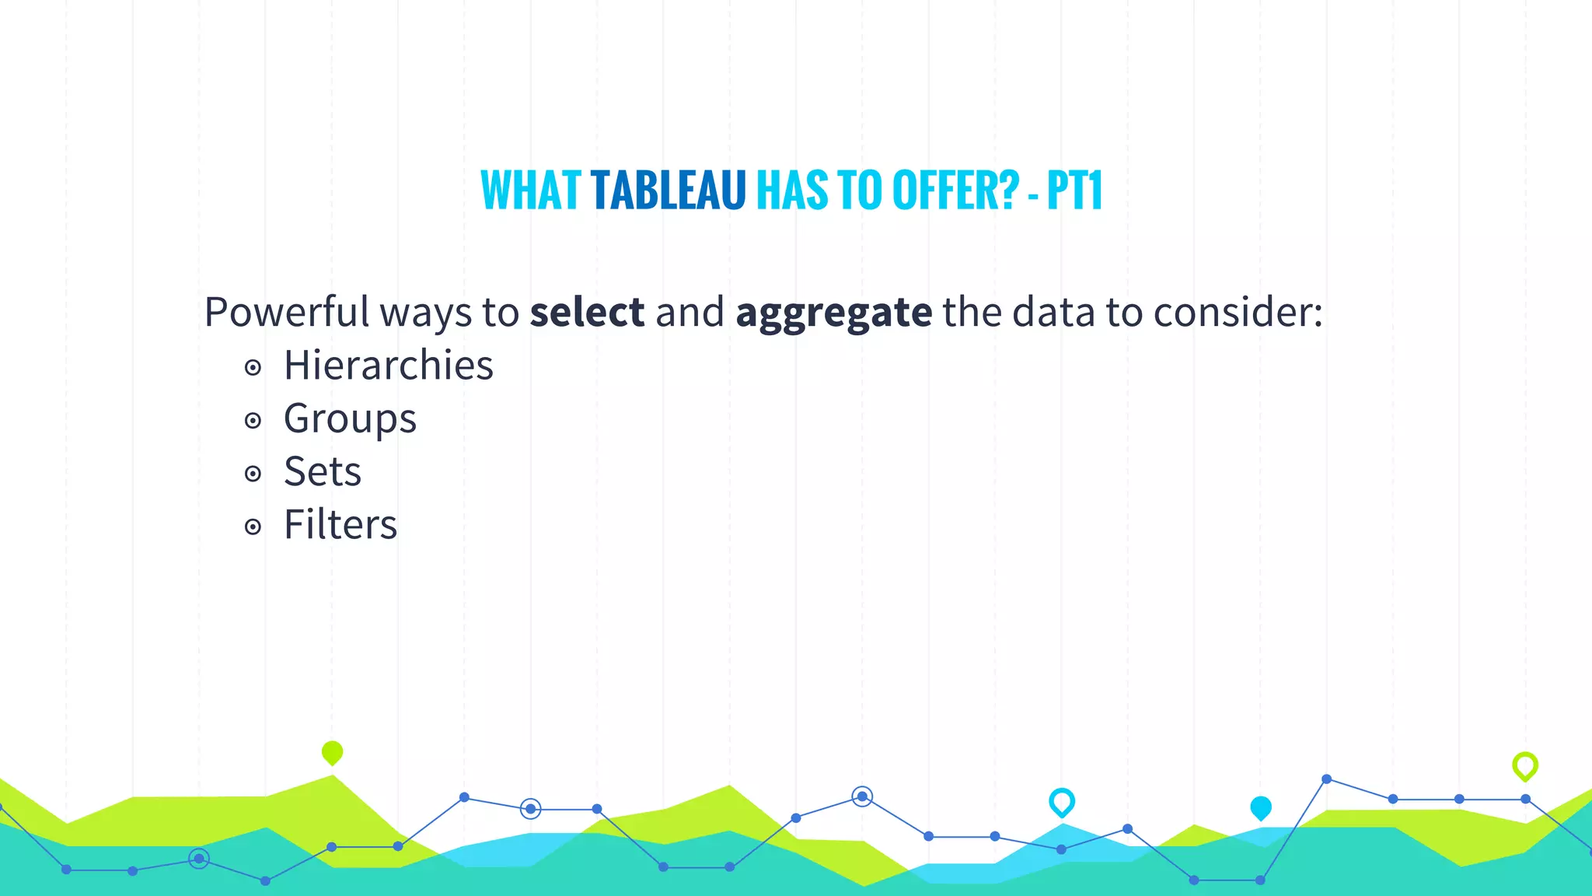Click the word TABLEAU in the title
668,191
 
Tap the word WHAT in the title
530,191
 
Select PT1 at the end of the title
1074,191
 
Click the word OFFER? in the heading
955,191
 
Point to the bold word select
587,312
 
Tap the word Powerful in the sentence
286,312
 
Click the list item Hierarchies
388,365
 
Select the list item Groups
350,419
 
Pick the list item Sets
323,471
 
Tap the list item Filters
340,524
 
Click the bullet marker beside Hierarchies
253,367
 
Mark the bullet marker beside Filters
253,527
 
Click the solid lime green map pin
332,752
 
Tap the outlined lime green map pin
1524,765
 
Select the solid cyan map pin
1260,808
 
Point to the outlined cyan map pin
1061,801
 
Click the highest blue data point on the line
1326,779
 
